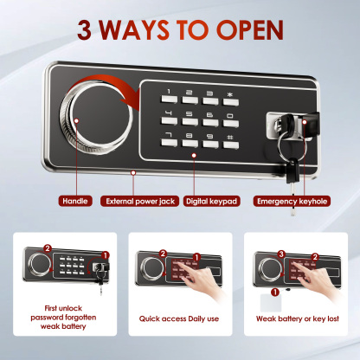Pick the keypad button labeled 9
pos(208,137)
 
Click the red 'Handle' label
pos(75,201)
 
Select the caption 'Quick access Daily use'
pos(179,318)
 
